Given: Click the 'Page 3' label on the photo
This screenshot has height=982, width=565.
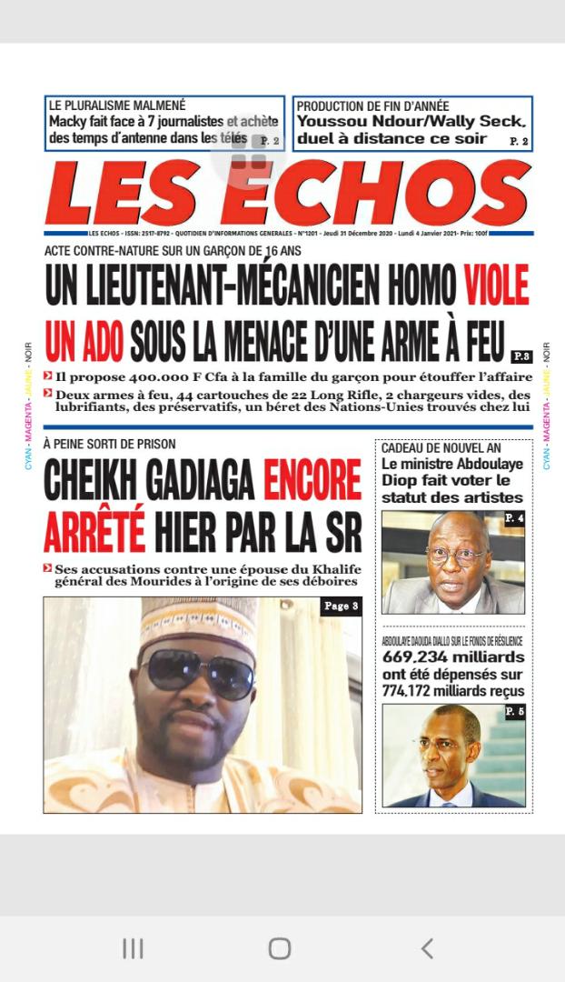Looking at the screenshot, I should (341, 606).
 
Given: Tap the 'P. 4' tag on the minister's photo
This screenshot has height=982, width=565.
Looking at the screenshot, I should (514, 518).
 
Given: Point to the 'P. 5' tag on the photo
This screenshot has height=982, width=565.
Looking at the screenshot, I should (514, 711).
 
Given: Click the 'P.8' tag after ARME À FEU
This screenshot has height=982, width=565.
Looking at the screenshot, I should (521, 356).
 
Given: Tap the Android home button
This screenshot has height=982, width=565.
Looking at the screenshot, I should (280, 948).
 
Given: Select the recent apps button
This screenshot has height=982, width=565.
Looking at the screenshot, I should (133, 948).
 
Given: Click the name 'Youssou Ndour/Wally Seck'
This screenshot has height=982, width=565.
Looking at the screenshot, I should (411, 122).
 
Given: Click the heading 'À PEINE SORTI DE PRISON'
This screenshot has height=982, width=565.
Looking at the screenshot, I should (109, 444).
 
